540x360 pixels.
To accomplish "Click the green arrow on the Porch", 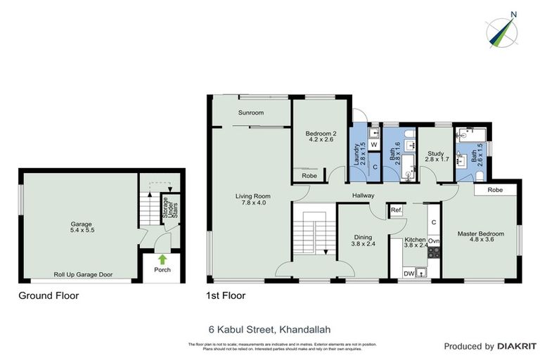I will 162,259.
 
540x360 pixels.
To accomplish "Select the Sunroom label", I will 250,112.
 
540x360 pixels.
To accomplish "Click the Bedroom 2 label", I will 320,134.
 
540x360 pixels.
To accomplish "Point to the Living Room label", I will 252,196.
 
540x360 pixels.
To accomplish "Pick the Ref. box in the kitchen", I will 396,210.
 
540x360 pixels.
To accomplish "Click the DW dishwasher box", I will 409,274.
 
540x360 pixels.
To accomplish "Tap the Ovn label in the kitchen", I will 434,241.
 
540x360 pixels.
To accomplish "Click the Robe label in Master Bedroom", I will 496,190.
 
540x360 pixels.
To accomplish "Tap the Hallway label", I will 363,195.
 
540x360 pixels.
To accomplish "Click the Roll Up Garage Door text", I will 84,275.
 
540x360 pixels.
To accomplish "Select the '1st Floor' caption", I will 225,296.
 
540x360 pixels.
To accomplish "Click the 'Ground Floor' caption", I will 49,296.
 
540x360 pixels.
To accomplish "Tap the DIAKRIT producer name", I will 508,347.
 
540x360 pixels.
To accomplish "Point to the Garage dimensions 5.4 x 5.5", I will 82,230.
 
